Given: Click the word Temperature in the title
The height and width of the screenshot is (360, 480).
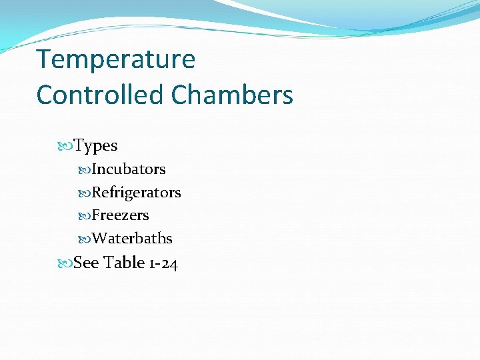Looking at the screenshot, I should (116, 60).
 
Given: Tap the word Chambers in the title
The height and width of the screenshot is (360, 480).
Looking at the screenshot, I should (233, 95).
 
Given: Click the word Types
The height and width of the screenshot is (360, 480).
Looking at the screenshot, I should (95, 146).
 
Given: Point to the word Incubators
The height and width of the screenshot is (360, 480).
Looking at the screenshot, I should (129, 169).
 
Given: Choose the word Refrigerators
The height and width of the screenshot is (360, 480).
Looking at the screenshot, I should (136, 193).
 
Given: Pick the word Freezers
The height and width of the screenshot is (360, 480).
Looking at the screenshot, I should (121, 215).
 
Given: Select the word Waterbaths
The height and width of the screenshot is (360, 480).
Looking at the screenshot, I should (132, 239).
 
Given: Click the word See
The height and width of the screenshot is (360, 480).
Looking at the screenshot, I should (86, 263).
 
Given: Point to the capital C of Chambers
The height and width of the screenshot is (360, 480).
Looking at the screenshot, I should (183, 95).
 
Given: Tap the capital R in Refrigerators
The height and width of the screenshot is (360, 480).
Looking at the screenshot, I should (97, 193).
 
